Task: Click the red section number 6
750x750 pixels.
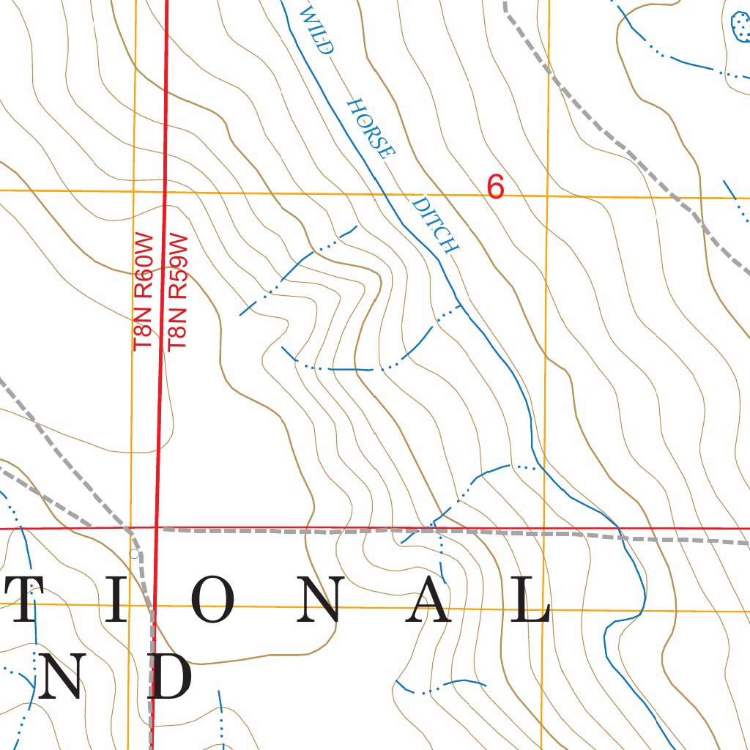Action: [x=496, y=188]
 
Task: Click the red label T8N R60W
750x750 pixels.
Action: [x=143, y=292]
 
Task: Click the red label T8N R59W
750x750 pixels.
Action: [x=178, y=292]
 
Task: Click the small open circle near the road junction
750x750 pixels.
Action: [x=133, y=554]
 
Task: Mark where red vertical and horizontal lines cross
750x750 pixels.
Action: [x=156, y=527]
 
